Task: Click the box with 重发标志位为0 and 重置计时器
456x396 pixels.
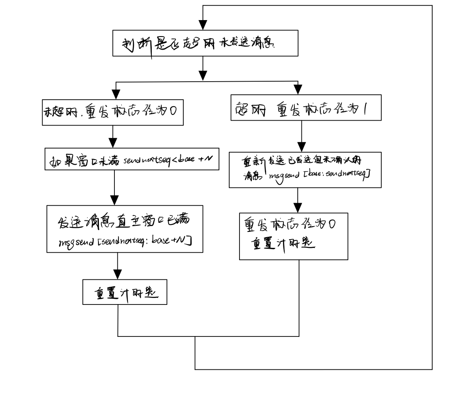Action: coord(294,236)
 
